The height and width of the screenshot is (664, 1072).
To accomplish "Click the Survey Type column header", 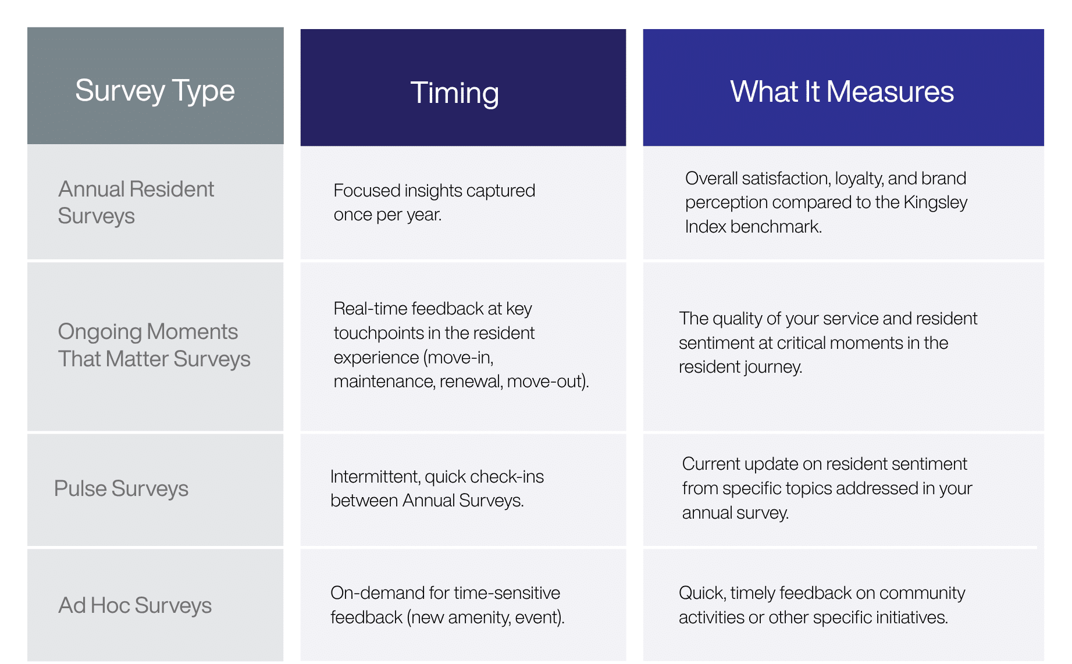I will coord(155,91).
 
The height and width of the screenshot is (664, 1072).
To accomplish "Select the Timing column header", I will coord(454,93).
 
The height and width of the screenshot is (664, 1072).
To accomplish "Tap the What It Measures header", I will coord(842,92).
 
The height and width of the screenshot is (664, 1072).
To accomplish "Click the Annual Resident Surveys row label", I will coord(136,202).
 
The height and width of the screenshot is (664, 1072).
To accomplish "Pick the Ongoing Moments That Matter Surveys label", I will coord(154,345).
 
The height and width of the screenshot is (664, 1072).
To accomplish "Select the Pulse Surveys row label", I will coord(121,489).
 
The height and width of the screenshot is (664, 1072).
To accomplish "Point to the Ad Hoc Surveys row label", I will coord(135,606).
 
